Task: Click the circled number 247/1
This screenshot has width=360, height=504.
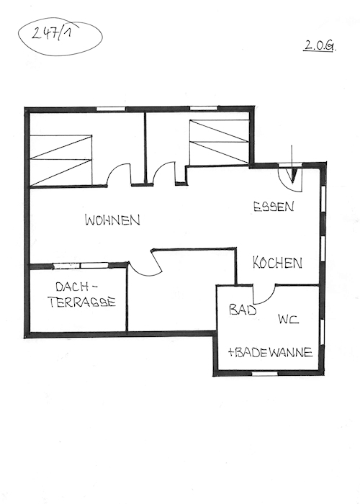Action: (x=52, y=33)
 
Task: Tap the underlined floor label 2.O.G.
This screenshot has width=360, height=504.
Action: (x=319, y=46)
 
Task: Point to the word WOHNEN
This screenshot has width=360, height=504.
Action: (x=112, y=220)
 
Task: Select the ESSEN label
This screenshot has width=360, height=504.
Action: (x=274, y=207)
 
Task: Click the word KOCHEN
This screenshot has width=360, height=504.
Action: (x=277, y=263)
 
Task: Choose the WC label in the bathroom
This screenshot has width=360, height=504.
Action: (x=288, y=319)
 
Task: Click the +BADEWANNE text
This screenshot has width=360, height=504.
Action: (x=270, y=352)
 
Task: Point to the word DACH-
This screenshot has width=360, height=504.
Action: (x=76, y=287)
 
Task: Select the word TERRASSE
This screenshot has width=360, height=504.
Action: (x=82, y=302)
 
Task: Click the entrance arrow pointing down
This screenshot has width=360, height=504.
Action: (x=292, y=164)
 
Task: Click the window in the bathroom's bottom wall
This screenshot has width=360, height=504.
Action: (x=264, y=374)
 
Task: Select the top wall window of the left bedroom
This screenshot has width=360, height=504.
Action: (x=111, y=109)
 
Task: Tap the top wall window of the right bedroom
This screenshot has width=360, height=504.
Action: (x=204, y=108)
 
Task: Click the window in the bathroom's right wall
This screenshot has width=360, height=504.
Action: (x=322, y=333)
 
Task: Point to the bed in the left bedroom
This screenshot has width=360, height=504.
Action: (x=60, y=161)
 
